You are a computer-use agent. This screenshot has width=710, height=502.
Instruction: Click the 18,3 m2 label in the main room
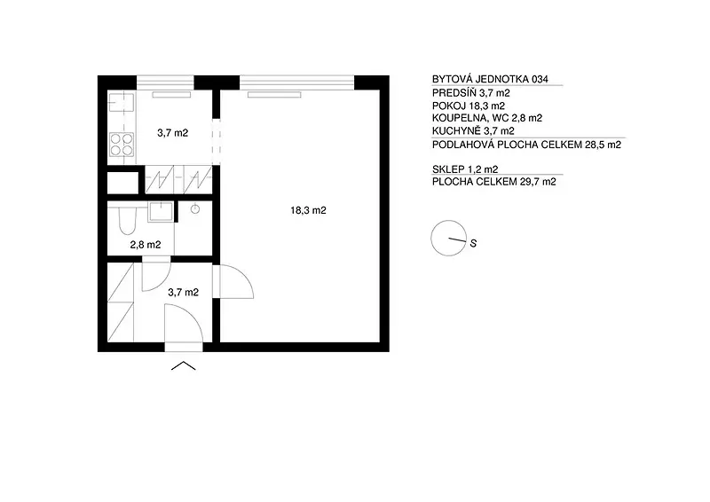[308, 210]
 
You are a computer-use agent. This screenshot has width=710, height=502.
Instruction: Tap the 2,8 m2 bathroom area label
[146, 245]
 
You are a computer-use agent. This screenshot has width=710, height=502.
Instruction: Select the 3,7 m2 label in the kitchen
[172, 133]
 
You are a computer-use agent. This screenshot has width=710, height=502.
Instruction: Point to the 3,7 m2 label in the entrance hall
[184, 293]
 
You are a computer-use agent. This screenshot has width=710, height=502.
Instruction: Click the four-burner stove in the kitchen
[122, 144]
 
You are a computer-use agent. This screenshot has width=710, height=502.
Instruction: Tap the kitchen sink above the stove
[122, 103]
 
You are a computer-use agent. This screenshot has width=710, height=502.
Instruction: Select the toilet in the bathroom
[127, 221]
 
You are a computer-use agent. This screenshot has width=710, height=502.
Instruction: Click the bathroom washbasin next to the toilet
[161, 212]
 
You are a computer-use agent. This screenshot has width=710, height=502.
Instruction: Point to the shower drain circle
[195, 208]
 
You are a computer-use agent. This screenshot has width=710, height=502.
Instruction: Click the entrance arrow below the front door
[184, 365]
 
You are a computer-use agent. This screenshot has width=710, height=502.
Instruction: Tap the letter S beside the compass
[473, 244]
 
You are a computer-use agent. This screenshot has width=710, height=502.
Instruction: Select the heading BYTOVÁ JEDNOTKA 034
[490, 79]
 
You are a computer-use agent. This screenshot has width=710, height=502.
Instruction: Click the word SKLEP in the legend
[448, 169]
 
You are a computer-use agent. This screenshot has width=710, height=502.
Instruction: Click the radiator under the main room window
[274, 95]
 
